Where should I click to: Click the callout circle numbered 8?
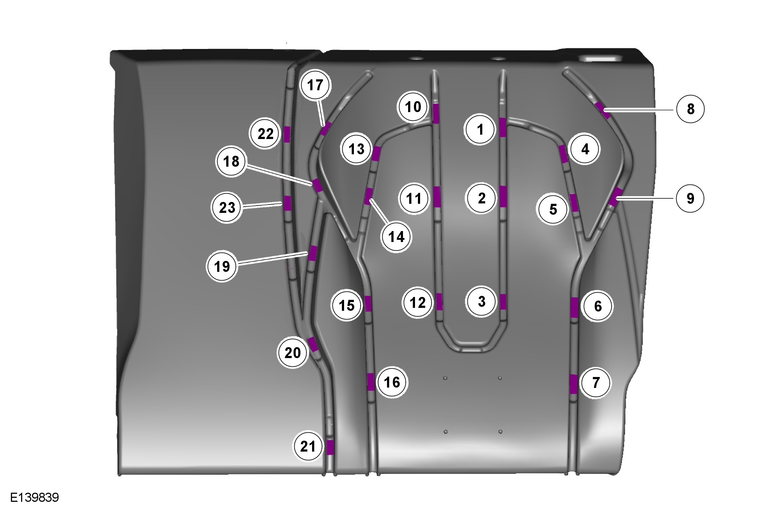coord(690,109)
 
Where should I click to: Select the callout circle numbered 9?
coord(690,198)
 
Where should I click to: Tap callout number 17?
coord(315,85)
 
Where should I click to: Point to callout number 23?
coord(227,208)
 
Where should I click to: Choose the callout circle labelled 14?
coord(396,237)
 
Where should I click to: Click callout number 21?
coord(308,446)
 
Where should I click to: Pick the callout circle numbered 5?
coord(553,209)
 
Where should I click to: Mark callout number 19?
coord(222,266)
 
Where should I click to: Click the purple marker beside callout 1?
coord(503,127)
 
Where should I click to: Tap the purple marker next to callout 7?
coord(574,384)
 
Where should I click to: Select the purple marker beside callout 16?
coord(371,382)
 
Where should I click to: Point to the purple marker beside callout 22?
coord(287,134)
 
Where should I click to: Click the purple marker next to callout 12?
coord(439,301)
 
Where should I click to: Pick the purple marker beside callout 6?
coord(574,307)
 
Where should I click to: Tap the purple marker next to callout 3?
coord(503,302)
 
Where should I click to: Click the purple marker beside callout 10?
coord(436,113)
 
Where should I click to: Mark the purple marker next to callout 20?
coord(313,344)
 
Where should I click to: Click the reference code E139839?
coord(34,497)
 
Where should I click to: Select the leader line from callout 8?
coord(640,109)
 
